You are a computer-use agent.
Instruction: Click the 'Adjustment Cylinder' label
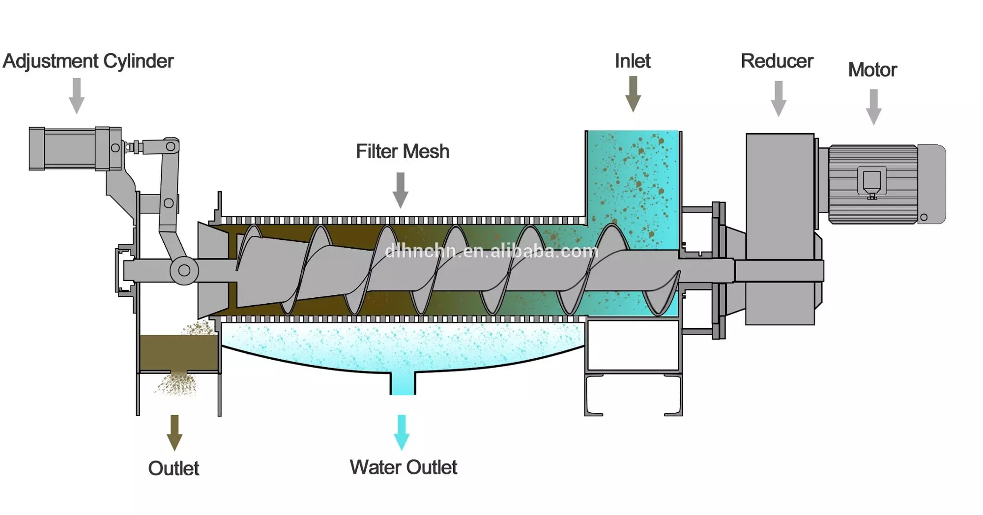[x=88, y=61]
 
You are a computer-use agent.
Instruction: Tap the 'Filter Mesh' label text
[x=403, y=151]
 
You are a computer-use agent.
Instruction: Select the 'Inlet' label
[x=633, y=61]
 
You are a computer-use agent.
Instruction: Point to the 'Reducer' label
[x=777, y=61]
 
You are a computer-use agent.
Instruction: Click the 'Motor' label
[x=872, y=70]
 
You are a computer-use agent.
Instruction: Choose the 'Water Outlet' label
[x=404, y=467]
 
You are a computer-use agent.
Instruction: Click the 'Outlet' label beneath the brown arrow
[x=173, y=468]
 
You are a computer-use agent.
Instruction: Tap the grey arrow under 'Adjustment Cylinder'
[x=77, y=96]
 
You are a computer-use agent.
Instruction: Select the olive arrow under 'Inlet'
[x=633, y=94]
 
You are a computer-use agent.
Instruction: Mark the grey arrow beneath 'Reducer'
[x=779, y=98]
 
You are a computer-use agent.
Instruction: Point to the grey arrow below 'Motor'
[x=873, y=107]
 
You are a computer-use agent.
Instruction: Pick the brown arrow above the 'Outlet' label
[x=174, y=433]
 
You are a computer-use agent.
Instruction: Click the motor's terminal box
[x=872, y=182]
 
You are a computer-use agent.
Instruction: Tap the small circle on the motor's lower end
[x=924, y=217]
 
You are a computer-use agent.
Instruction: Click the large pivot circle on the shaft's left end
[x=184, y=270]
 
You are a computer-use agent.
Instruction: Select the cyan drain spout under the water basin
[x=403, y=383]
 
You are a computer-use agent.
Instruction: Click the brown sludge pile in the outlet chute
[x=178, y=352]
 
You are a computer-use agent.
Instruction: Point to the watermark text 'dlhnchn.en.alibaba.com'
[x=491, y=252]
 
